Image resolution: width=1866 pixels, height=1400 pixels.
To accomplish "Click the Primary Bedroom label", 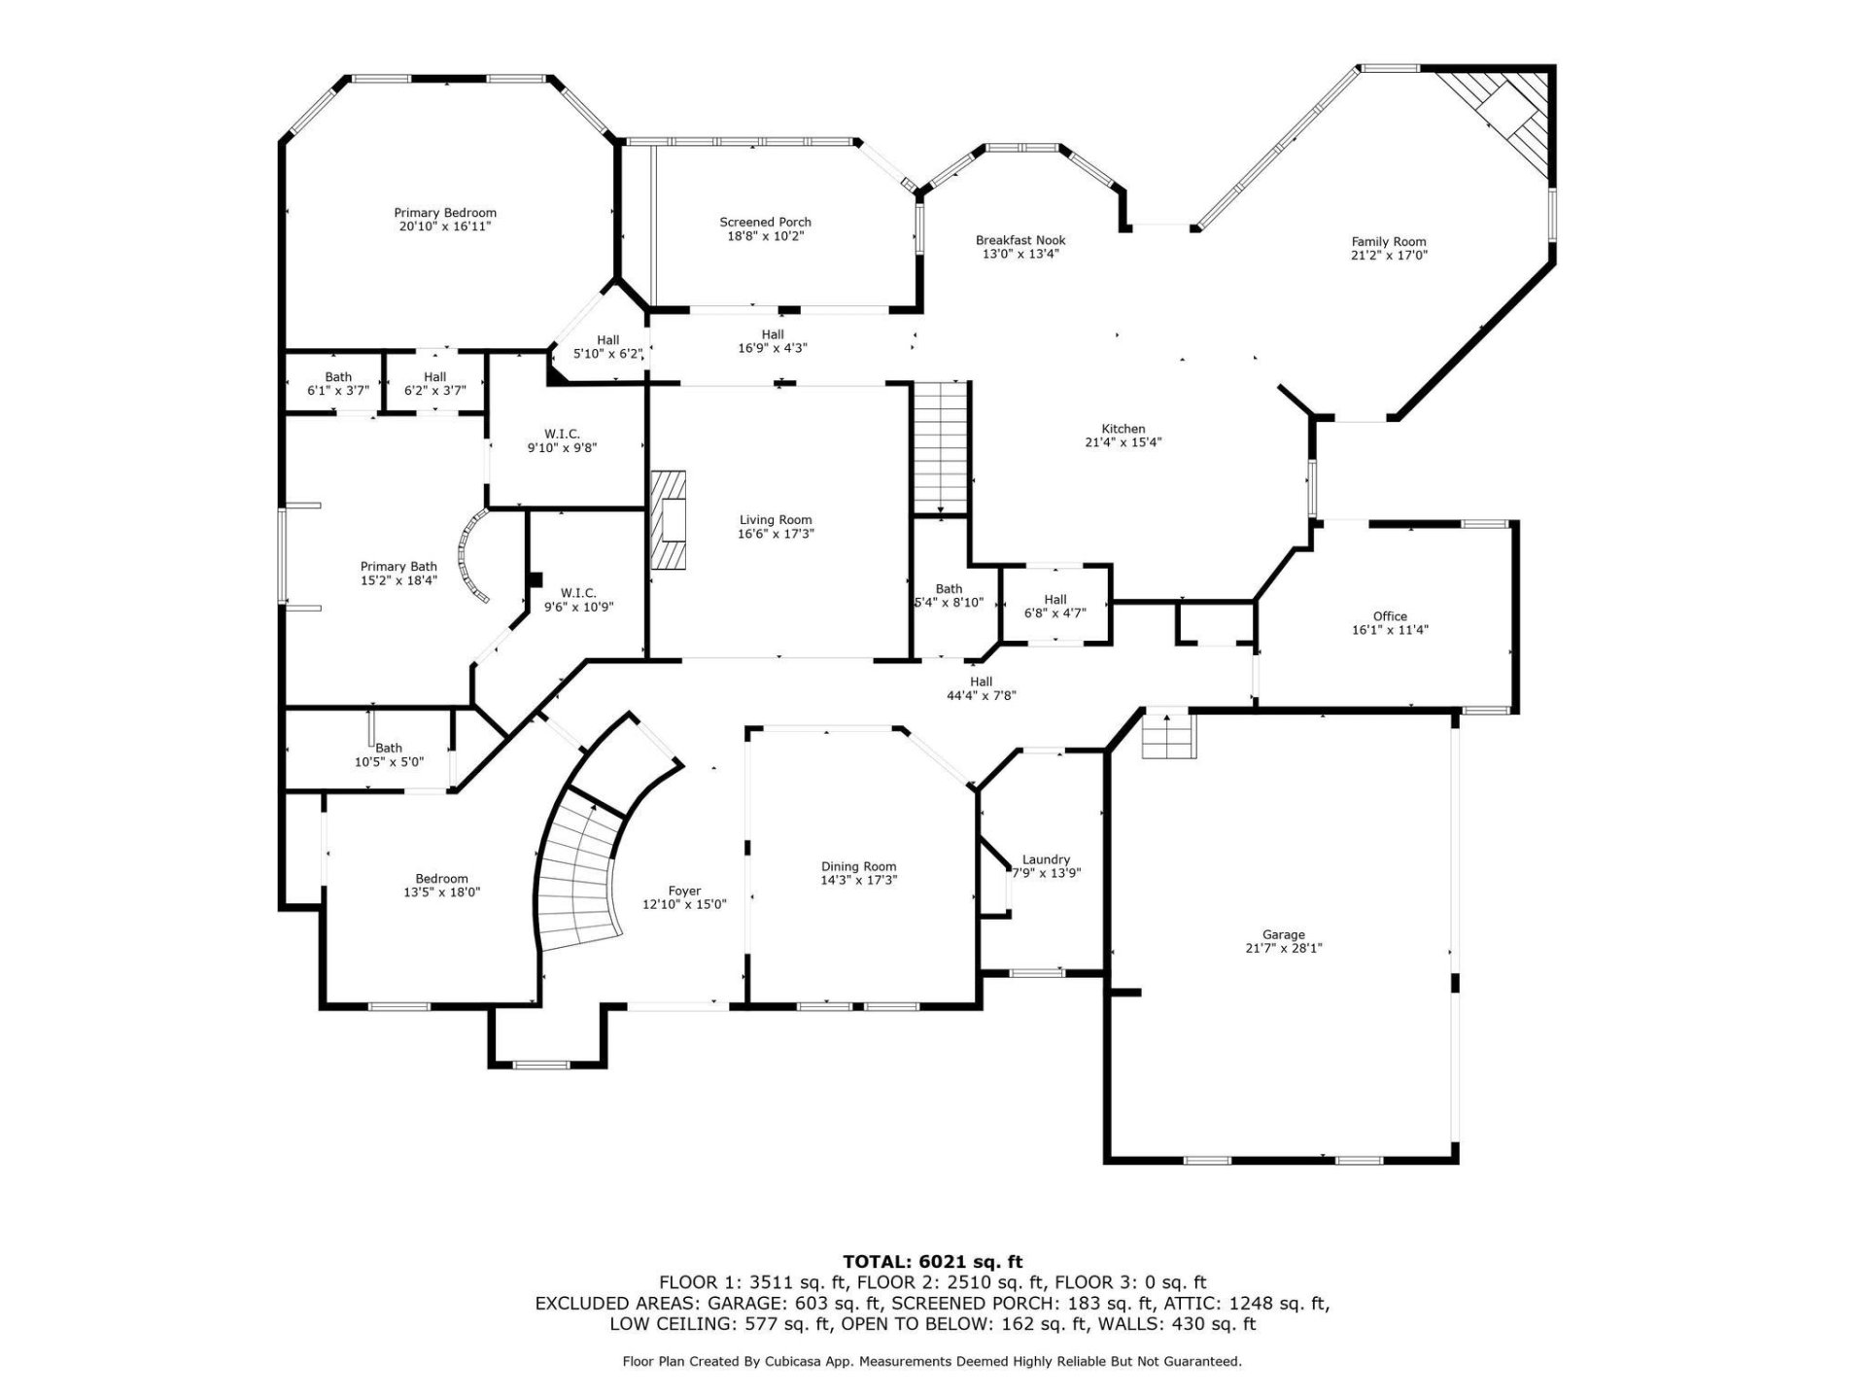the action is click(445, 213).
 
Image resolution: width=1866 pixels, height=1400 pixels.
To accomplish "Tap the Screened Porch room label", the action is click(765, 223).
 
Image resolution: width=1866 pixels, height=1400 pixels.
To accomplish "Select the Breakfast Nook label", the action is click(1020, 240).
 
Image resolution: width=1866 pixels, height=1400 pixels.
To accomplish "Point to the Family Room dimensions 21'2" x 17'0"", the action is click(1389, 256).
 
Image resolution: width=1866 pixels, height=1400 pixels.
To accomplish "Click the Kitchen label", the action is click(1123, 429).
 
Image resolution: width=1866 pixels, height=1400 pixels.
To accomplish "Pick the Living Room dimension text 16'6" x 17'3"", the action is click(775, 534).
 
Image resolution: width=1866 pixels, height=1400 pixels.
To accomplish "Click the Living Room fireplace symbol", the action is click(669, 519).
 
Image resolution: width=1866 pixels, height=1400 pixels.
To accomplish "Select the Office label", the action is click(1390, 616).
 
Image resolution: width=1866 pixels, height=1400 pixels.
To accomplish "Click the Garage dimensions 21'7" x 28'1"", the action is click(1283, 948).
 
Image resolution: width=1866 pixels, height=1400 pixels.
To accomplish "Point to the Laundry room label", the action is click(1046, 859).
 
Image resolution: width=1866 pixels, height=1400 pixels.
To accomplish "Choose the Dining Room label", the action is click(858, 866).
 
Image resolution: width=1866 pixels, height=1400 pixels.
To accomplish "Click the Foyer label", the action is click(684, 892).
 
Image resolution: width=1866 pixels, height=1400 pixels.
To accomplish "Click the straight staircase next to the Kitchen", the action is click(940, 446).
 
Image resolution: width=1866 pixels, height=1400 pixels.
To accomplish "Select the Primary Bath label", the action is click(398, 567).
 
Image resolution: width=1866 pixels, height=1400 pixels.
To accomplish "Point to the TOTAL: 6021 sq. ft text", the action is click(932, 1262).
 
